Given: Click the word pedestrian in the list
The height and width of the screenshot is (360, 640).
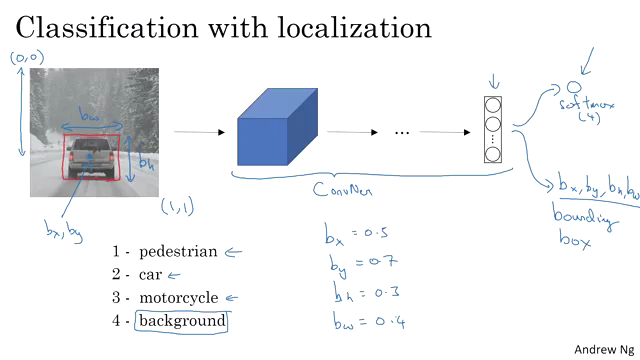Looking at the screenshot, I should pos(178,251).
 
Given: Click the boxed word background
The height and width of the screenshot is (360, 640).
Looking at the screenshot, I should pos(182,321).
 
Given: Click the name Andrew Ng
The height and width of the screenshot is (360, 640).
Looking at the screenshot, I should pos(603,349).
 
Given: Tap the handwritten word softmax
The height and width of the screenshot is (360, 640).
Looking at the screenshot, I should pos(582,106).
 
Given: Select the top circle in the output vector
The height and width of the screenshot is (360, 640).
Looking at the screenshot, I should pos(493,105).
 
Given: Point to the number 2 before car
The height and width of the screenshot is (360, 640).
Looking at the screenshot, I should pos(117,274).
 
